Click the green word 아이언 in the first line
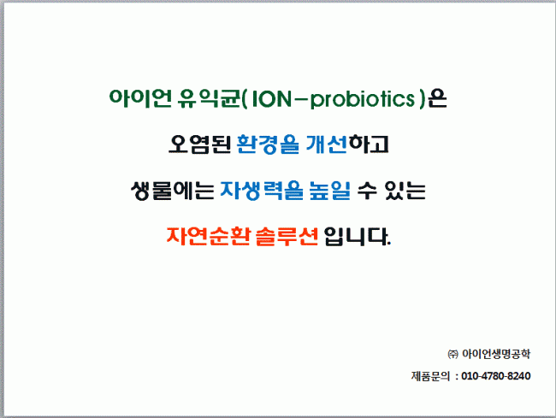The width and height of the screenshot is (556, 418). click(140, 98)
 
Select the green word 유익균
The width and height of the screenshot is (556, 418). click(210, 98)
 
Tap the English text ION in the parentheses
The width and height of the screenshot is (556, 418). click(272, 98)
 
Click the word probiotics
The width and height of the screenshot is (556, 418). click(363, 99)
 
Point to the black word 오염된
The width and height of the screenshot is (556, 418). click(199, 144)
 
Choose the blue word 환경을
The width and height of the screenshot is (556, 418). click(268, 144)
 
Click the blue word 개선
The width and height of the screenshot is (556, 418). click(326, 144)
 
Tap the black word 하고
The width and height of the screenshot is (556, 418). click(369, 144)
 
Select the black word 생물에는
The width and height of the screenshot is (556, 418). click(172, 191)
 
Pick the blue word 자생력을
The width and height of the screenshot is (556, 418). click(262, 191)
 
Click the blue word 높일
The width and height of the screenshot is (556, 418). click(330, 191)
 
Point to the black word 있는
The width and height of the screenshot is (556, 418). click(405, 191)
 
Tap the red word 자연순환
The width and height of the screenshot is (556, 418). click(209, 236)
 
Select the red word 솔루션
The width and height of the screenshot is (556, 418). click(287, 236)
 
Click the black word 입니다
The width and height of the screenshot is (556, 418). click(357, 236)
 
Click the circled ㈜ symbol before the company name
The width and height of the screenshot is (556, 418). click(452, 354)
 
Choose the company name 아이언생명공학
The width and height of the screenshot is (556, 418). click(496, 354)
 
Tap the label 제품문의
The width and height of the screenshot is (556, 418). click(430, 376)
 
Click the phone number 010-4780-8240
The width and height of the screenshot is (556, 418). click(496, 376)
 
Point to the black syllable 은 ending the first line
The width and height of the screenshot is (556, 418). click(437, 98)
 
